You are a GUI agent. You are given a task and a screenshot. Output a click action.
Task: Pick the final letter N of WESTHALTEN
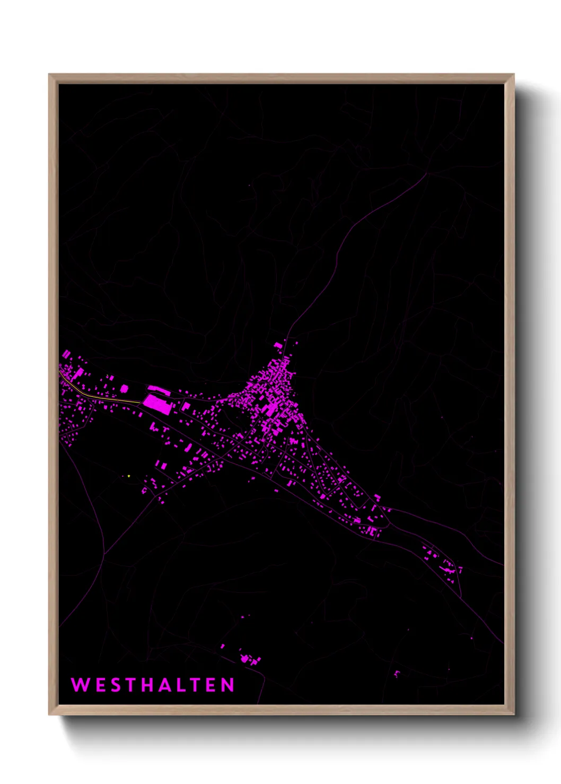coord(228,684)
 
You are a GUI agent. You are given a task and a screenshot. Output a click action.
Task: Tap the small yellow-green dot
coord(129,476)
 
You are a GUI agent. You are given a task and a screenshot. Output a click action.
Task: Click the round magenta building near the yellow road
coord(124,389)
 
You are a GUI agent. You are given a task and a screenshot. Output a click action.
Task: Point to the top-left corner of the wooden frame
coord(49,75)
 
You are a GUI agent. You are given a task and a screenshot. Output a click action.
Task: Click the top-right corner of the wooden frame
coord(513,75)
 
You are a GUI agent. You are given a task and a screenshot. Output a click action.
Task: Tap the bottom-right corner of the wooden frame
coord(513,714)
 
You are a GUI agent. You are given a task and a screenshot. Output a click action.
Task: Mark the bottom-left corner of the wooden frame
coord(49,714)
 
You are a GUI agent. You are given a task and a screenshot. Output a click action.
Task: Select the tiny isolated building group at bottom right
coord(397,673)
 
